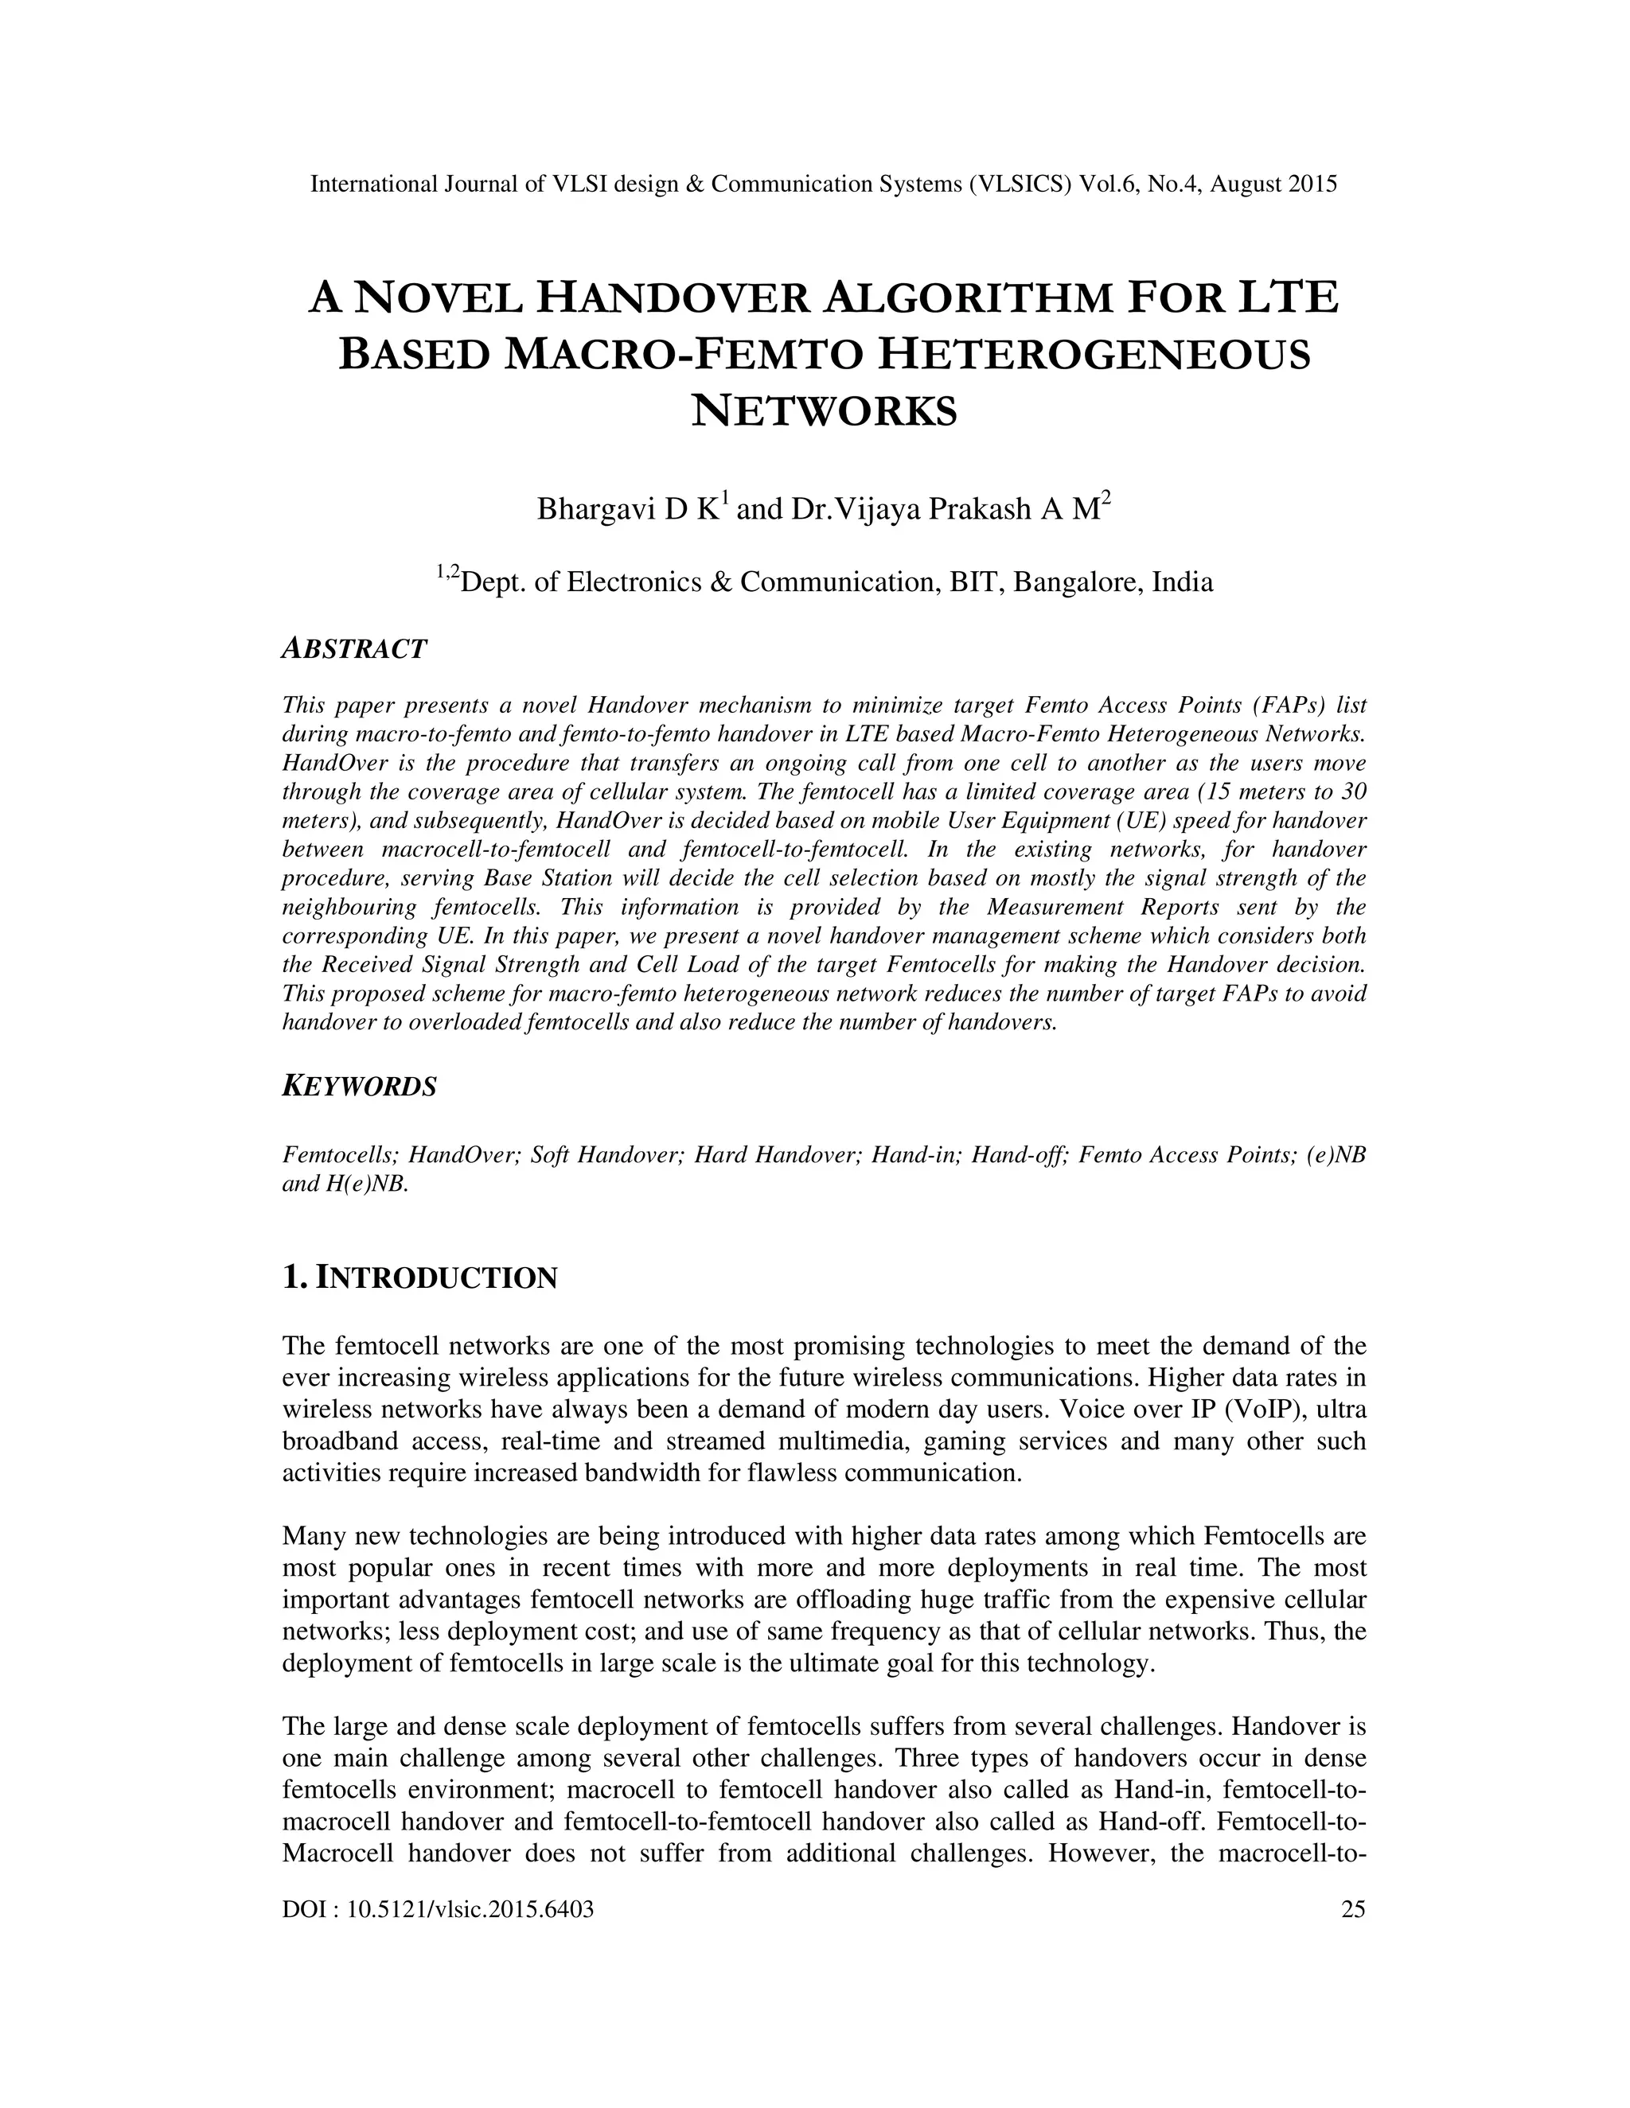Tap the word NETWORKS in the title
click(x=825, y=411)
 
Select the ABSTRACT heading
click(x=353, y=650)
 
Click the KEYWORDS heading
click(x=359, y=1087)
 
